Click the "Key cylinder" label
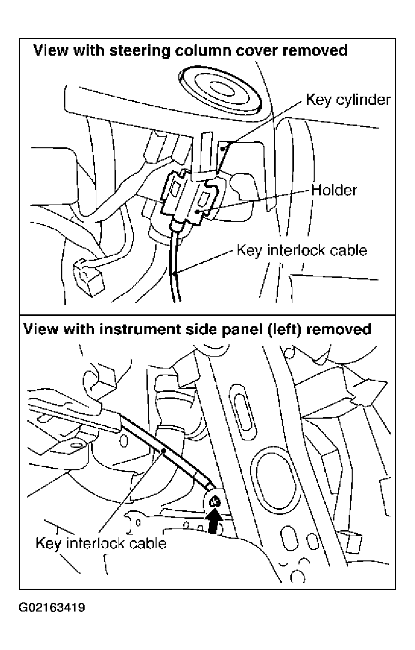click(348, 100)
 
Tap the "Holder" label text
click(334, 190)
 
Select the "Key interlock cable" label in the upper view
click(301, 250)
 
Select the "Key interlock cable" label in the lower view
click(101, 543)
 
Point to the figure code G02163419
click(52, 607)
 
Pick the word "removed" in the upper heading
click(315, 50)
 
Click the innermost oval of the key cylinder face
click(221, 89)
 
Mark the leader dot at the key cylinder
click(222, 149)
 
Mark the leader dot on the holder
click(197, 212)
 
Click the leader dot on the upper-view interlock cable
click(175, 273)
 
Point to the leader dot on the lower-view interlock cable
click(163, 451)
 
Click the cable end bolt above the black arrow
click(215, 501)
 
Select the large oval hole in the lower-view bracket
click(274, 482)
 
